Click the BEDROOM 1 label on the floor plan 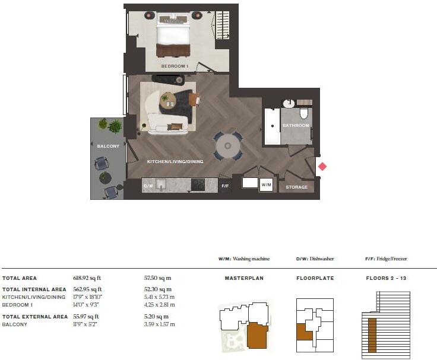point(175,66)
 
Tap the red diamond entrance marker point(322,167)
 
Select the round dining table point(227,145)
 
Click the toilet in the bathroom point(304,113)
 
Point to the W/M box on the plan point(267,184)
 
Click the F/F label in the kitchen point(225,186)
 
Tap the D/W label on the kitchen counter point(148,186)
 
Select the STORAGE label point(297,187)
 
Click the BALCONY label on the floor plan point(108,146)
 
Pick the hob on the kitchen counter point(197,186)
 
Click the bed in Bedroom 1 point(173,37)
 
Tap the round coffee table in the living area point(169,99)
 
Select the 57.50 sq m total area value point(159,278)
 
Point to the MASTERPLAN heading point(243,278)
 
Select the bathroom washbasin point(289,104)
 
